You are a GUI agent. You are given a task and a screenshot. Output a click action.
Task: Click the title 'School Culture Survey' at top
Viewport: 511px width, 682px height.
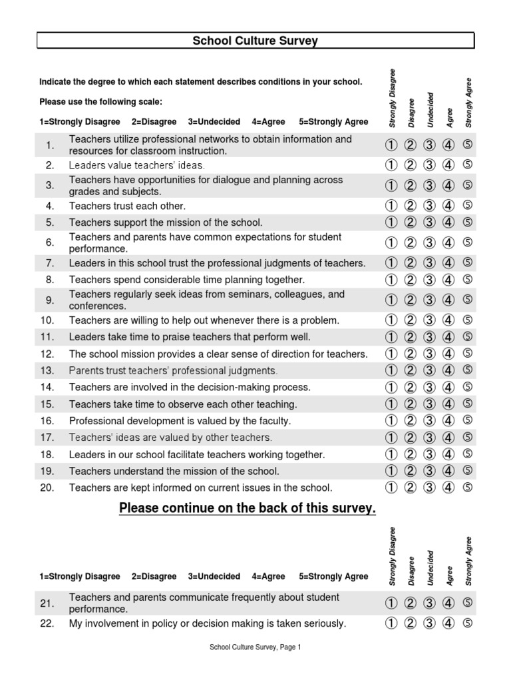tap(255, 41)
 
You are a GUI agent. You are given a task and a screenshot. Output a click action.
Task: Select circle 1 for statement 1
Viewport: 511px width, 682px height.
tap(391, 145)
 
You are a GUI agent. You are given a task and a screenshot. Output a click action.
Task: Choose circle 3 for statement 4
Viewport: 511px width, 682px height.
tap(429, 206)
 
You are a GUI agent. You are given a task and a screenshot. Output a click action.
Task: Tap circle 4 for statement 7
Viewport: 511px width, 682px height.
tap(448, 263)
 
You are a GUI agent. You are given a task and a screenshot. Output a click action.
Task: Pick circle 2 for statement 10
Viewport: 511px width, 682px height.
tap(411, 320)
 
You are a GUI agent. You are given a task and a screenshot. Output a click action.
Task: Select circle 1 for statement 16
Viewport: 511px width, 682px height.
tap(391, 420)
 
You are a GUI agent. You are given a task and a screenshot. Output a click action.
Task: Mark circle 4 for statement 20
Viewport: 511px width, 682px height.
tap(448, 487)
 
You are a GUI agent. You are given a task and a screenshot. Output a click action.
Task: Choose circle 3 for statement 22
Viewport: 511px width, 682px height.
tap(429, 623)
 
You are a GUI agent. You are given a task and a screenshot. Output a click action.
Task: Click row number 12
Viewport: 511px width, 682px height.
tap(47, 354)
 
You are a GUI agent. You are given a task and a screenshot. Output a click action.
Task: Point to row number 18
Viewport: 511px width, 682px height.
tap(47, 454)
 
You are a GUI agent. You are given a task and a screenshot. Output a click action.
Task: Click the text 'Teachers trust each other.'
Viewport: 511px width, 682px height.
tap(127, 206)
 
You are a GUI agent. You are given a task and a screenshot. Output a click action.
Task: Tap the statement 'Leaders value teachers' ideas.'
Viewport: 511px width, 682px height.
tap(137, 165)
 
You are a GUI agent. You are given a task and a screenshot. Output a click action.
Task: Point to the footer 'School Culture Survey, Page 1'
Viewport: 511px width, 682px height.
tap(255, 647)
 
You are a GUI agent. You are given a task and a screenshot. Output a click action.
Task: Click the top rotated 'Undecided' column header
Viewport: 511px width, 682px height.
tap(430, 109)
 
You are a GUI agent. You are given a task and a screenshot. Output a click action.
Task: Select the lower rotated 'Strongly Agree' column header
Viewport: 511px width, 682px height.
tap(468, 561)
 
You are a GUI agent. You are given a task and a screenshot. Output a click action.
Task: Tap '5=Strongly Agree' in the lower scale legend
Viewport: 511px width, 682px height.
tap(333, 576)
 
